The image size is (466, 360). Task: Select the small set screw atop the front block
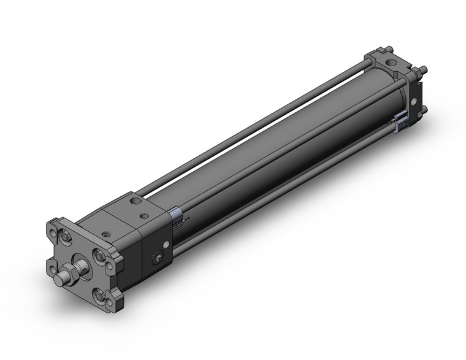(107, 234)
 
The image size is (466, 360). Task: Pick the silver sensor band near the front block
(175, 215)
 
